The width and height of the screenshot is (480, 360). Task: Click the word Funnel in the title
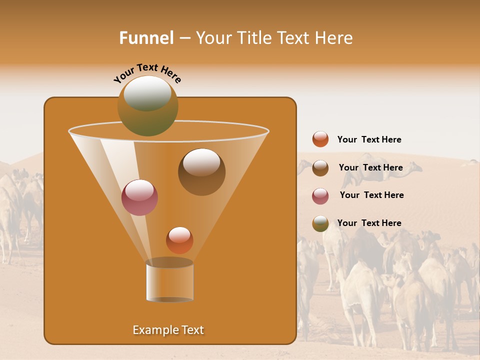146,38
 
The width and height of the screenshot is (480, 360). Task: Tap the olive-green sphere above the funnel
148,106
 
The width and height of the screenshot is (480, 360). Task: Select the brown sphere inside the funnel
201,172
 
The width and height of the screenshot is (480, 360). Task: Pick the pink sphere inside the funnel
139,197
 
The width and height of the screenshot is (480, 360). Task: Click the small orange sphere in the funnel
179,240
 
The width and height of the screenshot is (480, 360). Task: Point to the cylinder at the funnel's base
169,281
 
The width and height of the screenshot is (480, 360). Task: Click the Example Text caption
168,330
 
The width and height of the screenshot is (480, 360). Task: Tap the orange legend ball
320,139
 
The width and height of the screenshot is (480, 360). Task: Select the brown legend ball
320,168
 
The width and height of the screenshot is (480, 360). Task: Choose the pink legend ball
320,196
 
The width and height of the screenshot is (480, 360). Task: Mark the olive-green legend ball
320,223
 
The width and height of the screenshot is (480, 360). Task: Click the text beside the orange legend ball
369,140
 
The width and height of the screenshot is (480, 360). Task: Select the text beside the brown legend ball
370,168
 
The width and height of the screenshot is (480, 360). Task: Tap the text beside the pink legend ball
371,195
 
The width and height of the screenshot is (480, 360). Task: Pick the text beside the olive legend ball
369,223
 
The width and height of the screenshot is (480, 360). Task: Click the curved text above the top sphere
147,72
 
